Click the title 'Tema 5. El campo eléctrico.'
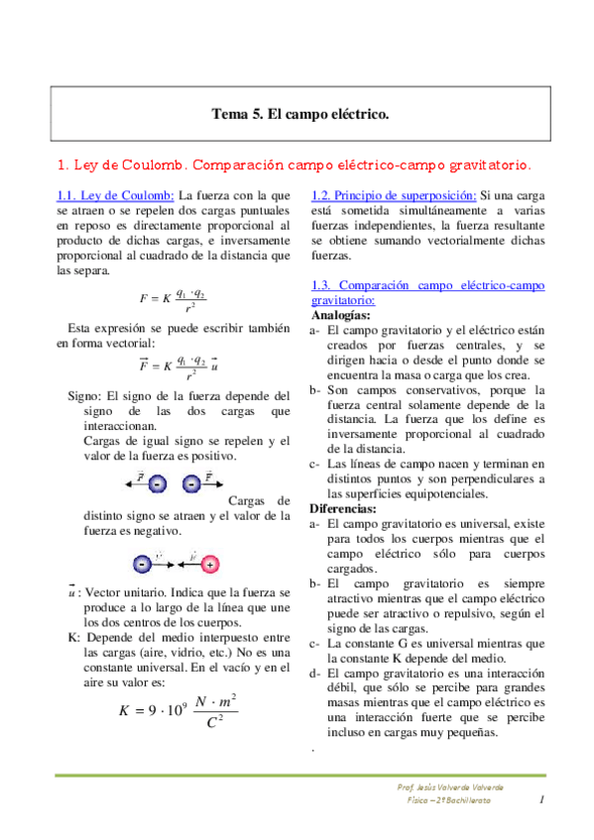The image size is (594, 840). tap(299, 114)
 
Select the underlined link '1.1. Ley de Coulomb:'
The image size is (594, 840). tap(115, 195)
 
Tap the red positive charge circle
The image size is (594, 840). tap(210, 565)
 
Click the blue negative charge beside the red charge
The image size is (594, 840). tap(142, 565)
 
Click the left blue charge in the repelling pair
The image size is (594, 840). tap(160, 483)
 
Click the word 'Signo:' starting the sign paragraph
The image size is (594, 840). tap(83, 395)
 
